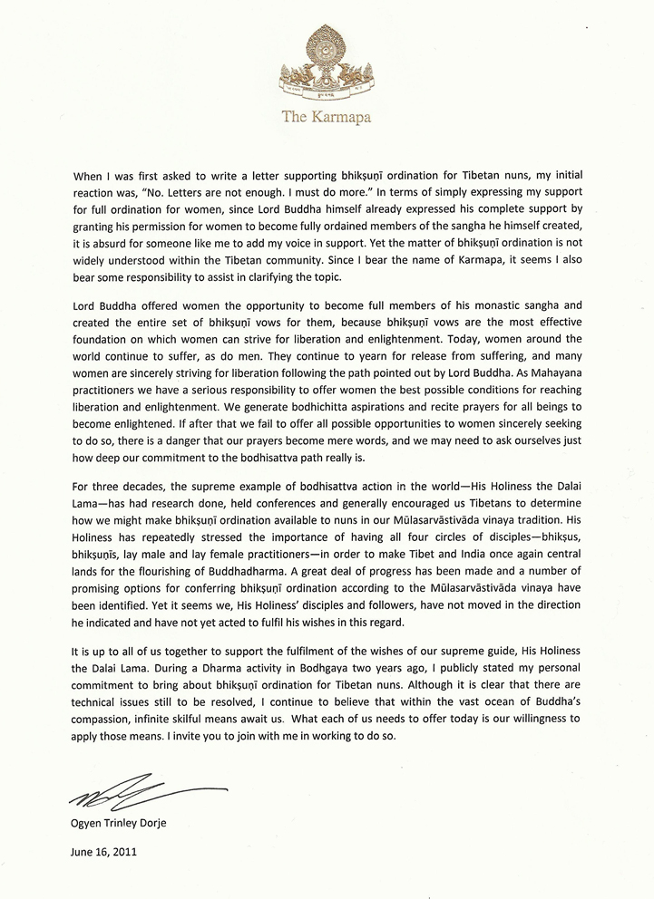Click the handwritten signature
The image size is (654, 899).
(136, 794)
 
